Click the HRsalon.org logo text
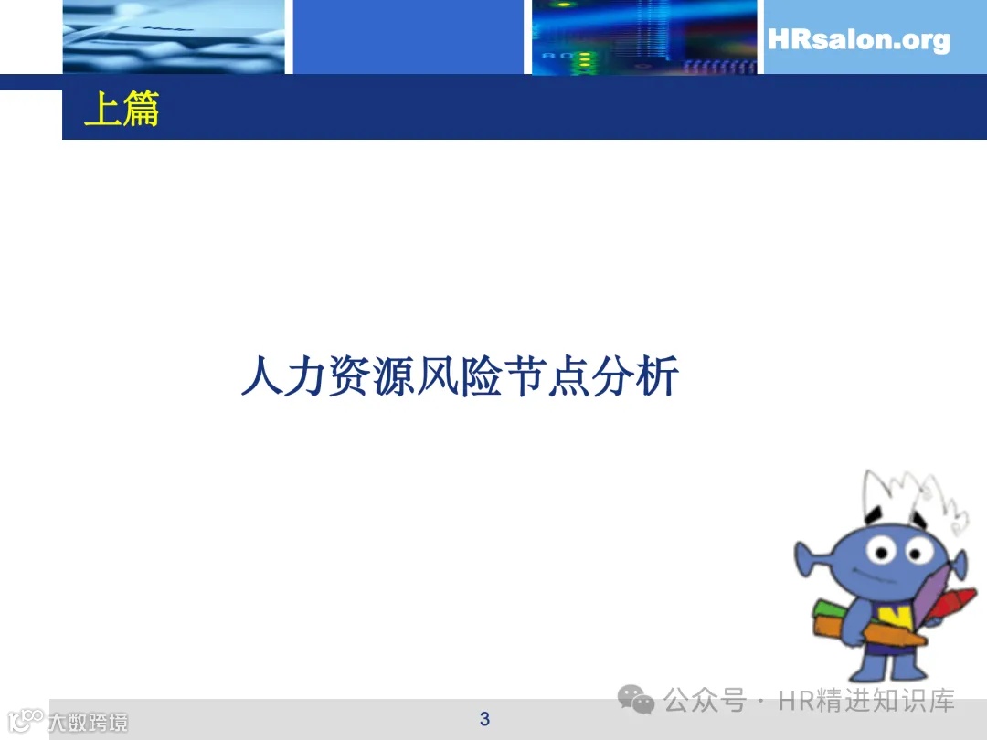coord(858,40)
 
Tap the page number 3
coord(484,719)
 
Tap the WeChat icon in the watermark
coord(636,701)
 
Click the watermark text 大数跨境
coord(88,722)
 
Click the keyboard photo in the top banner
coord(174,37)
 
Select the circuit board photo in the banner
coord(644,37)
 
